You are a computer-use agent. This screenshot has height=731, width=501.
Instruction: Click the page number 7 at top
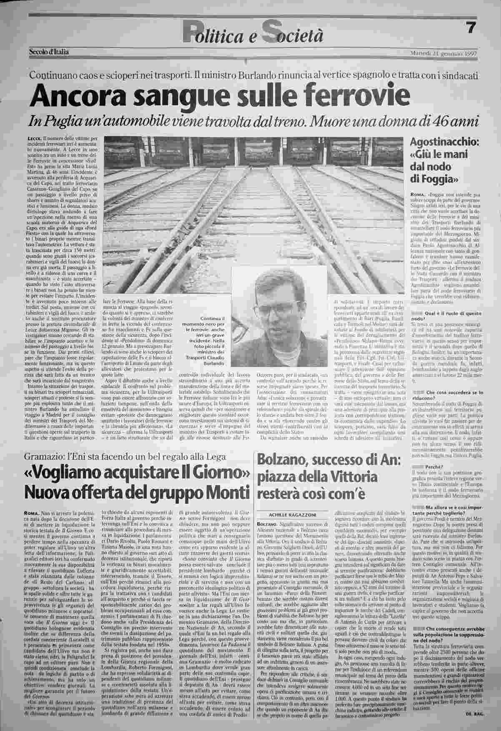point(471,28)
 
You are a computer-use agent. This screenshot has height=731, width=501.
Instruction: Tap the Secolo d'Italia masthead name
point(49,53)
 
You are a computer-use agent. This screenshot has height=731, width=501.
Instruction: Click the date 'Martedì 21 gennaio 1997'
point(443,53)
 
